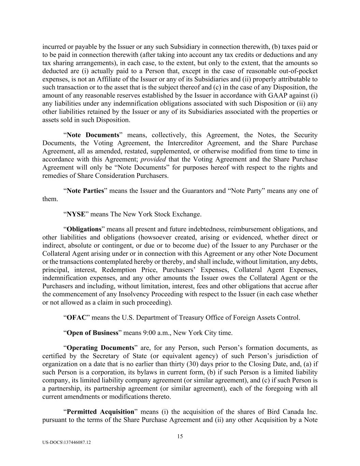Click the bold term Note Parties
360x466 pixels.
pyautogui.click(x=85, y=191)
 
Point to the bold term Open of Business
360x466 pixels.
pyautogui.click(x=92, y=333)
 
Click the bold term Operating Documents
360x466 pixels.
pyautogui.click(x=100, y=348)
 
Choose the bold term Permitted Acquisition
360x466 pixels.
pyautogui.click(x=100, y=412)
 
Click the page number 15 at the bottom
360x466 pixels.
pyautogui.click(x=180, y=436)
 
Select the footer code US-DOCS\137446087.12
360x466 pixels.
pyautogui.click(x=67, y=442)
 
